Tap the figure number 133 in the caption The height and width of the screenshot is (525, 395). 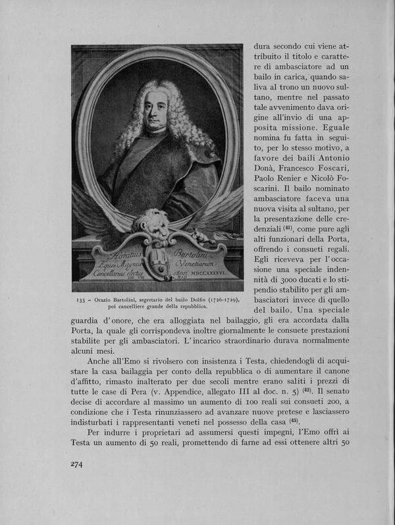coord(80,300)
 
